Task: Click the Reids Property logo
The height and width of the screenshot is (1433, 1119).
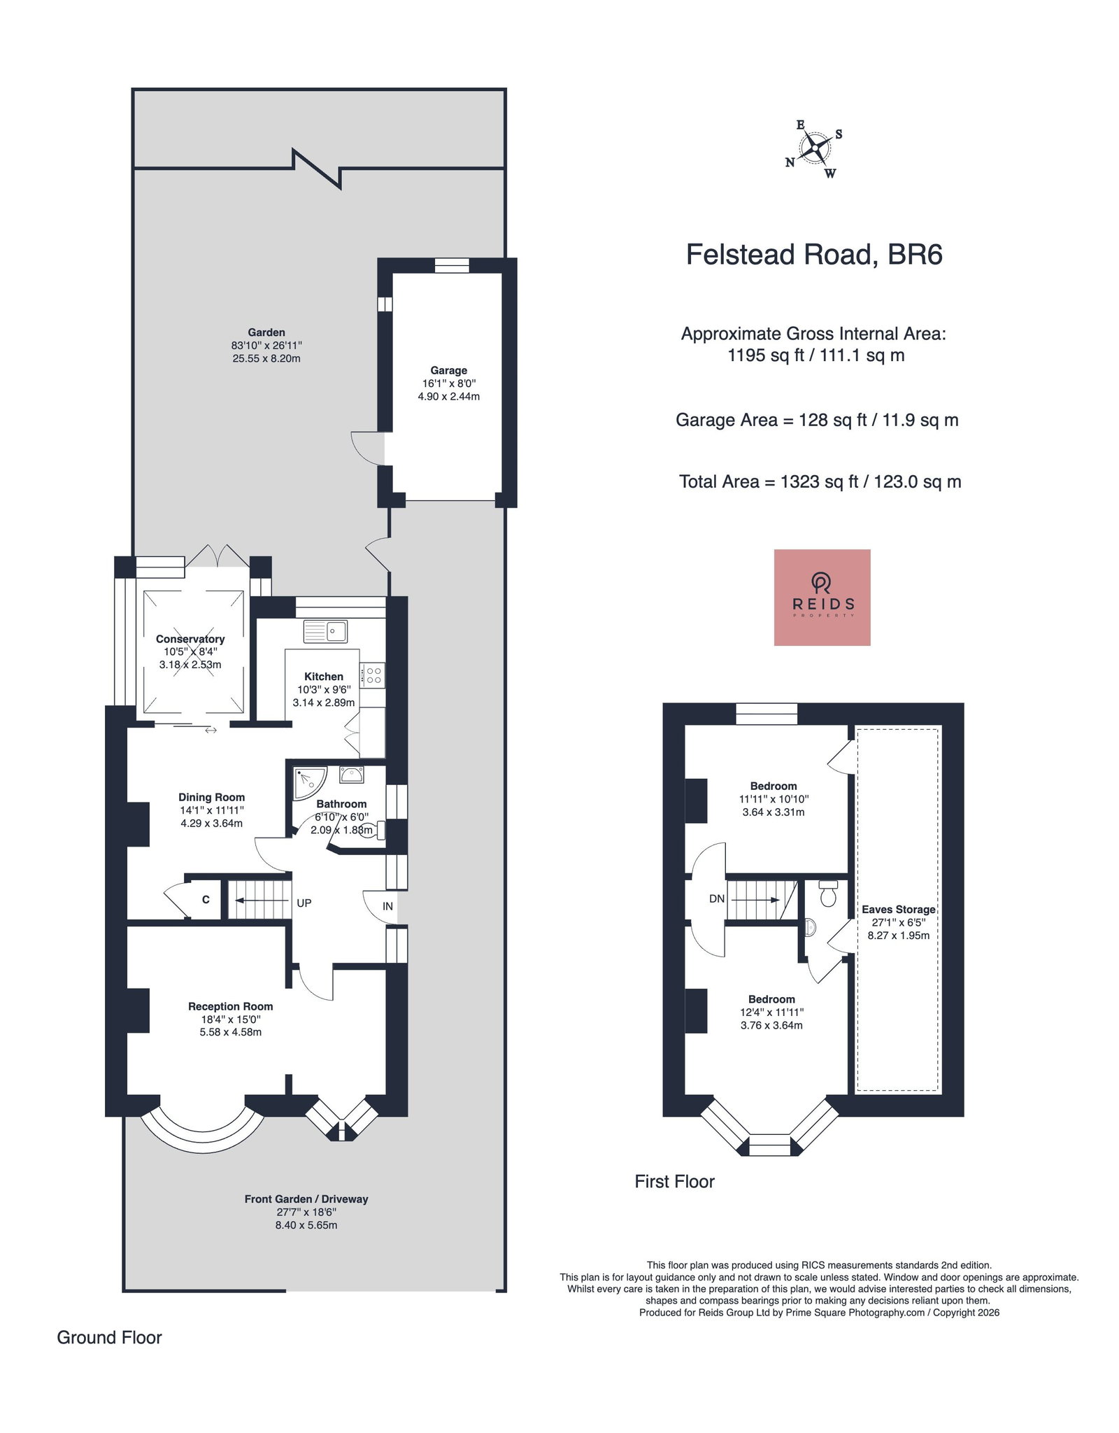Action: (822, 597)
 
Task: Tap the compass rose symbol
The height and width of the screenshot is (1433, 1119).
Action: (815, 148)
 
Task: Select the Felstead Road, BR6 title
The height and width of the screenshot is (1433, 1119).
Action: (814, 255)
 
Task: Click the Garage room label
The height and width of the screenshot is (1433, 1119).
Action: (449, 370)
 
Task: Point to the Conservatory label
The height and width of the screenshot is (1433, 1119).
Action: (190, 639)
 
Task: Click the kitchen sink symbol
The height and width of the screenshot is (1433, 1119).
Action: (325, 631)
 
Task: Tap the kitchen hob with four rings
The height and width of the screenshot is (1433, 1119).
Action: (373, 675)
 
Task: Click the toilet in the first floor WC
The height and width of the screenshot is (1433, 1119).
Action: (828, 894)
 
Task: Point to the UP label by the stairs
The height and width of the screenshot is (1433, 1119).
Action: (304, 903)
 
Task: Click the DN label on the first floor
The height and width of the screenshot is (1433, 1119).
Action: (717, 898)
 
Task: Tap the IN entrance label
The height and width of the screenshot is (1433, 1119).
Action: (387, 906)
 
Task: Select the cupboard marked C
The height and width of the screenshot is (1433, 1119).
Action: (206, 900)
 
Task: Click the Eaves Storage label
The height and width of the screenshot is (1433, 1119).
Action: (899, 910)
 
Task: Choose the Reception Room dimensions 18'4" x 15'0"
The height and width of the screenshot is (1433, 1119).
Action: (230, 1019)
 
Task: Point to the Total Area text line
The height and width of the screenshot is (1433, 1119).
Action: (820, 482)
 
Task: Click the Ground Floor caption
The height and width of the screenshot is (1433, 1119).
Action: (109, 1338)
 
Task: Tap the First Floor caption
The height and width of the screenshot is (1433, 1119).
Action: (674, 1182)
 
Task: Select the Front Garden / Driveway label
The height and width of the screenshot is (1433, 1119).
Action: (306, 1199)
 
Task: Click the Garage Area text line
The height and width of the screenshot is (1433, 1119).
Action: (817, 421)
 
